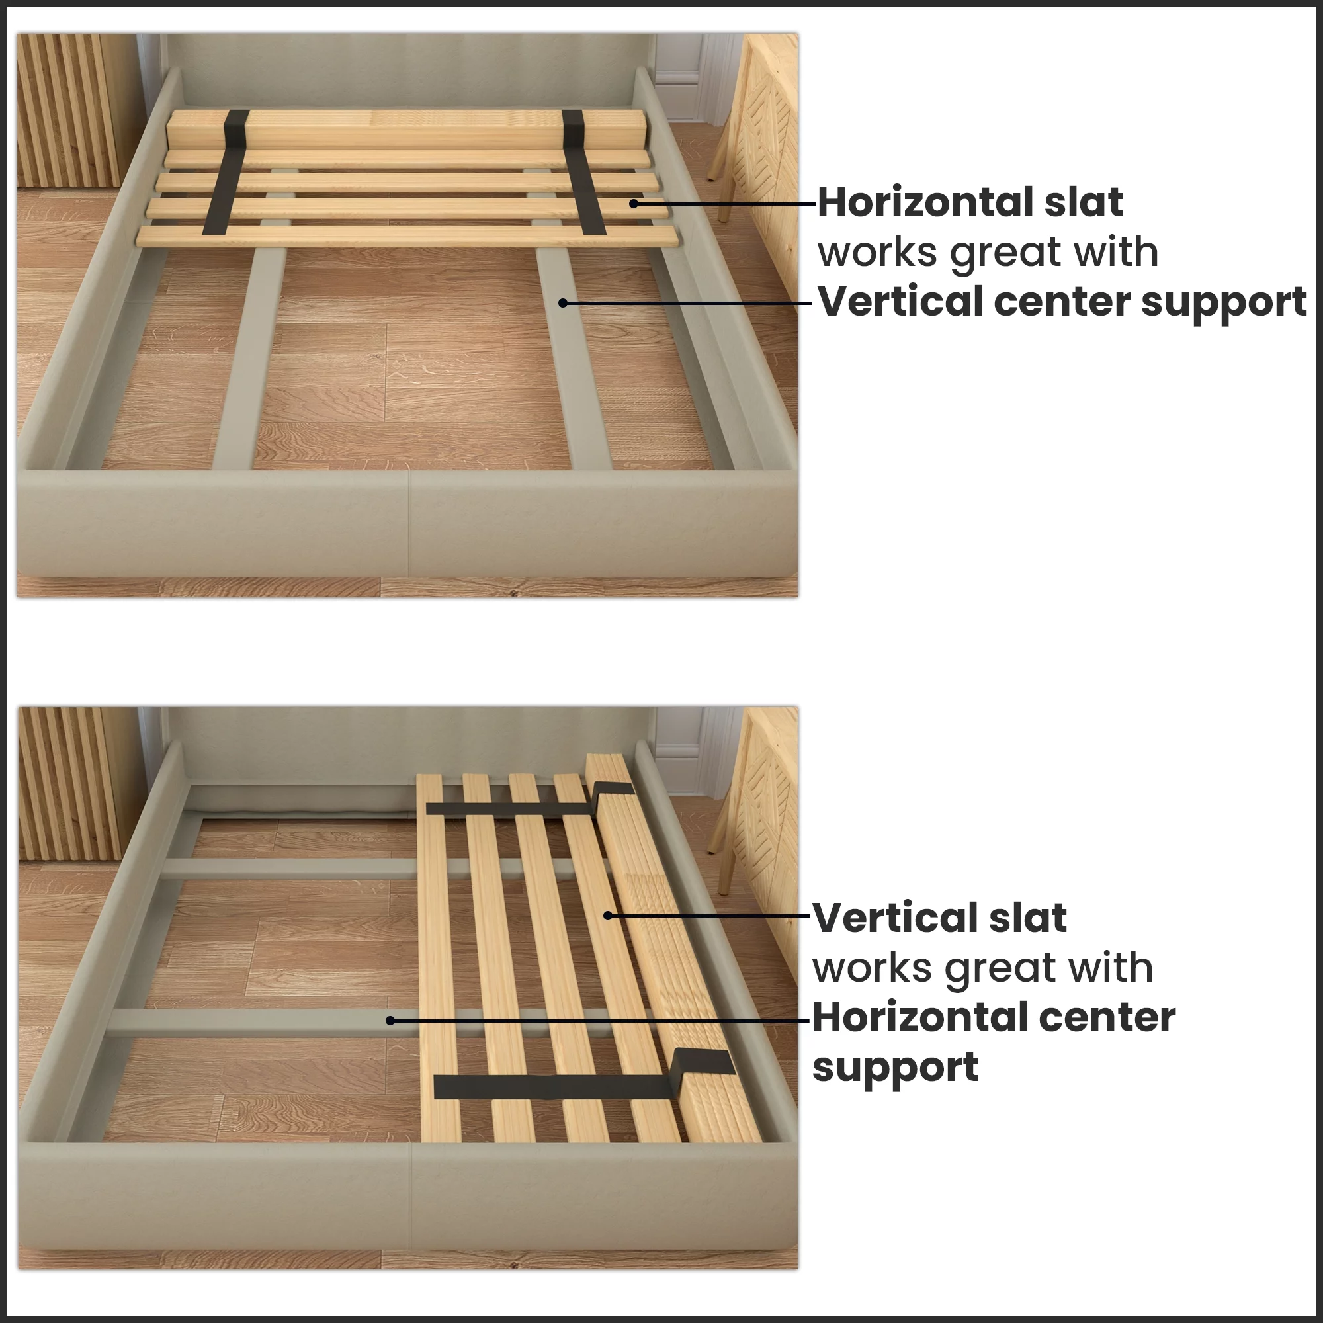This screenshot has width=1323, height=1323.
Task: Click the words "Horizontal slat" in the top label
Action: [x=970, y=202]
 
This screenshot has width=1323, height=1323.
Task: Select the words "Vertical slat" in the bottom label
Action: [x=939, y=918]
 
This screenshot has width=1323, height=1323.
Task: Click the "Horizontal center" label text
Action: [x=994, y=1017]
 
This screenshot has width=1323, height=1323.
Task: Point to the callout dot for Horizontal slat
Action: [x=634, y=203]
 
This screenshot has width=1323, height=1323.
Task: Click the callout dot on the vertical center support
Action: [x=562, y=303]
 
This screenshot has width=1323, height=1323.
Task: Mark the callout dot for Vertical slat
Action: [x=607, y=916]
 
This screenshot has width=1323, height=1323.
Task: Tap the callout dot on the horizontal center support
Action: [x=390, y=1020]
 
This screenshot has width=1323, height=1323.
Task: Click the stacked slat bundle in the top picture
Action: [x=404, y=128]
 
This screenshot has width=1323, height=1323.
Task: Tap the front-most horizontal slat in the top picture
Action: [x=407, y=237]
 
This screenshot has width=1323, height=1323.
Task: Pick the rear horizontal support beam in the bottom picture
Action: [x=288, y=869]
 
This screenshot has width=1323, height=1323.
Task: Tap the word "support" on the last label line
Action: [x=895, y=1067]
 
